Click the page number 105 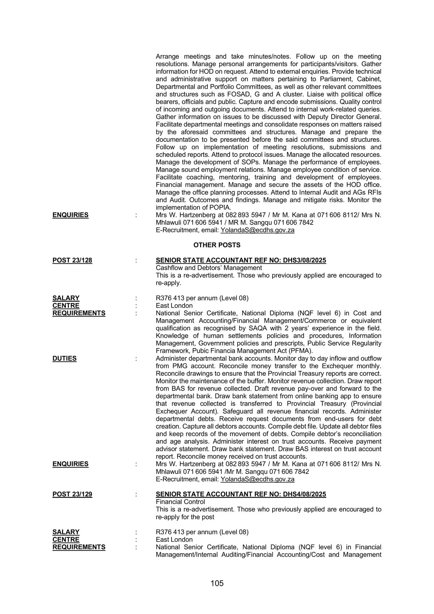tap(217, 583)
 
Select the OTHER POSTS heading tap(217, 245)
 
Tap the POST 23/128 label tap(72, 260)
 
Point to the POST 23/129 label tap(72, 494)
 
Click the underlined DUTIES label tap(64, 359)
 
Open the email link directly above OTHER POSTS tap(258, 230)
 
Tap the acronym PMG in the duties tap(180, 366)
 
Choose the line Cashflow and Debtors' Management tap(209, 268)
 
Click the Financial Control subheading tap(180, 502)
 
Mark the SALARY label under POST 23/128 tap(66, 298)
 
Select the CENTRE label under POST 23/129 tap(66, 540)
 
